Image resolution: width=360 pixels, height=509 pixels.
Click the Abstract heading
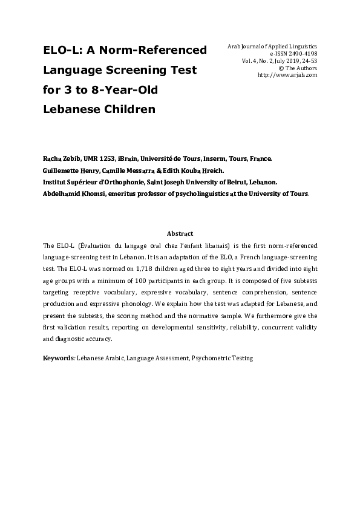click(x=180, y=233)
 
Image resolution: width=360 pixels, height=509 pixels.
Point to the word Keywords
click(x=57, y=358)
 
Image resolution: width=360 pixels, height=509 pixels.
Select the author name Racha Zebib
click(x=59, y=159)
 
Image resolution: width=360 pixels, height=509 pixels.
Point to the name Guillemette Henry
click(x=70, y=170)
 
